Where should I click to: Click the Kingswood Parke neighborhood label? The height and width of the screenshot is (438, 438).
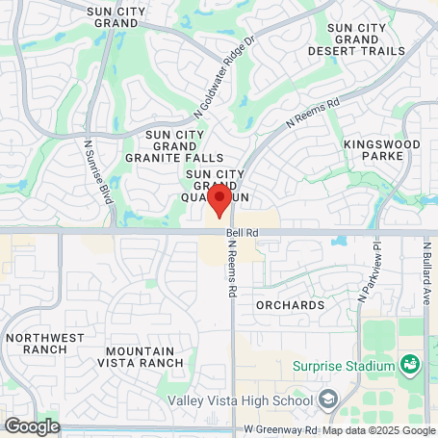pyautogui.click(x=381, y=149)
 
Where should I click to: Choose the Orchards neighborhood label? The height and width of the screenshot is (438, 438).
pyautogui.click(x=290, y=305)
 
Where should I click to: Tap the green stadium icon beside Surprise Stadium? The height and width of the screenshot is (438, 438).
pyautogui.click(x=410, y=365)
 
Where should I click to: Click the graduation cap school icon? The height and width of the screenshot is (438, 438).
pyautogui.click(x=328, y=399)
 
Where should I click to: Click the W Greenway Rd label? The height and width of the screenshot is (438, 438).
pyautogui.click(x=281, y=427)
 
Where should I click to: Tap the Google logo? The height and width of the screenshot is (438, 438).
pyautogui.click(x=32, y=425)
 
